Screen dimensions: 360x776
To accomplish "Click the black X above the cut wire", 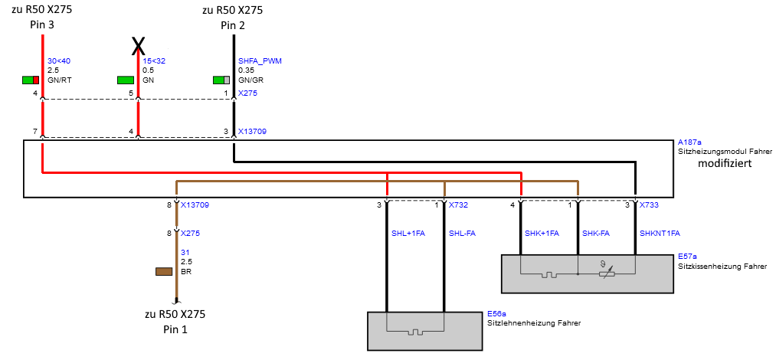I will tap(138, 46).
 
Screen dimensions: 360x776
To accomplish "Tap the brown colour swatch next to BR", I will tap(164, 271).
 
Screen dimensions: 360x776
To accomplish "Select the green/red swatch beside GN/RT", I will tap(31, 80).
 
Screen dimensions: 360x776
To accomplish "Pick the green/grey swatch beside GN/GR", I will tap(221, 80).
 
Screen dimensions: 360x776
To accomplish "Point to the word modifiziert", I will tap(724, 164).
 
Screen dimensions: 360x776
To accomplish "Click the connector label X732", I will tap(458, 205).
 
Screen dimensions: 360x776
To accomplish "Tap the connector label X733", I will tap(649, 205).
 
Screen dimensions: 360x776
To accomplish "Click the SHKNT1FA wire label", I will tap(660, 233).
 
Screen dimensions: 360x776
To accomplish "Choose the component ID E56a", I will tap(496, 314).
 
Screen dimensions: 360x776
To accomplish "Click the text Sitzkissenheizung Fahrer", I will tap(722, 267).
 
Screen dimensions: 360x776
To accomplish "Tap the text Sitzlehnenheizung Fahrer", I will tap(534, 323).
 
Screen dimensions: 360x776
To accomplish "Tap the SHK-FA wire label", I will tap(596, 233).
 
